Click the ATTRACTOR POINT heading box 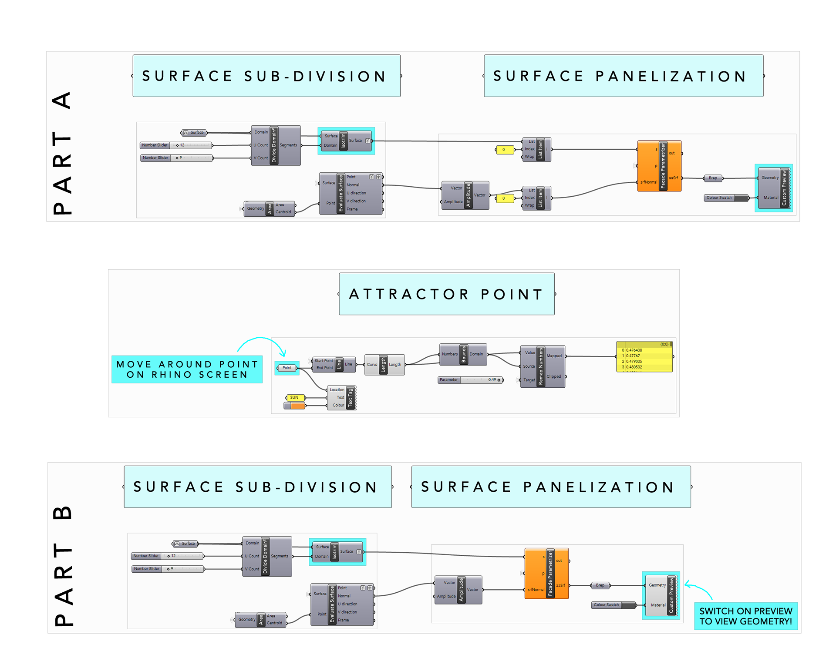447,294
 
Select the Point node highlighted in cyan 287,368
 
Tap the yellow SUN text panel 295,397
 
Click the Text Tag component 342,397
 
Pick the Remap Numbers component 543,366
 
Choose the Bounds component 463,354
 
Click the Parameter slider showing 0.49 471,380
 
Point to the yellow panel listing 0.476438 644,357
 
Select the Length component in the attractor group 384,365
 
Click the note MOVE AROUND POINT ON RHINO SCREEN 187,369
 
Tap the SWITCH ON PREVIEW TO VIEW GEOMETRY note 745,616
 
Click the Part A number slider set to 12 176,145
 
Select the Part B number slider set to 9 168,569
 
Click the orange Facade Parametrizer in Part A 659,166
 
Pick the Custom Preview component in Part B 661,595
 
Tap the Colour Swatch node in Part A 726,198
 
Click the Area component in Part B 261,619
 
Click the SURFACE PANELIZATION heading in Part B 551,487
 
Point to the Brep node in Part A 713,178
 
